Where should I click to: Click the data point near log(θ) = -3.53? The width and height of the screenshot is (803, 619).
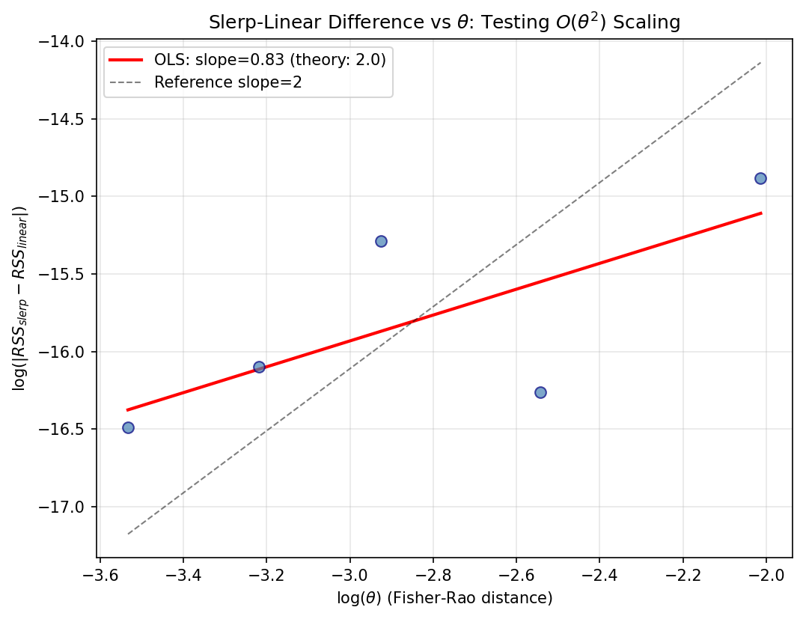click(x=128, y=427)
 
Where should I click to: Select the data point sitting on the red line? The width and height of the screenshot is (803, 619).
click(x=259, y=367)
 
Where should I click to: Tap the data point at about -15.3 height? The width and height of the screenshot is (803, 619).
click(x=381, y=241)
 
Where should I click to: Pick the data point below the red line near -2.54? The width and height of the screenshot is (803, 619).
click(x=540, y=392)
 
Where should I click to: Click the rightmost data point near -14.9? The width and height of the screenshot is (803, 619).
click(x=760, y=178)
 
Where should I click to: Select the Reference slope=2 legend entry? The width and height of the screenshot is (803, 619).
click(x=228, y=82)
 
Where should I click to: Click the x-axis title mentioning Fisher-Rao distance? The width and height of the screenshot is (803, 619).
click(x=445, y=597)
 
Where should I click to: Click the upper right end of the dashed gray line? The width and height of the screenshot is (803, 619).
click(x=760, y=62)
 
